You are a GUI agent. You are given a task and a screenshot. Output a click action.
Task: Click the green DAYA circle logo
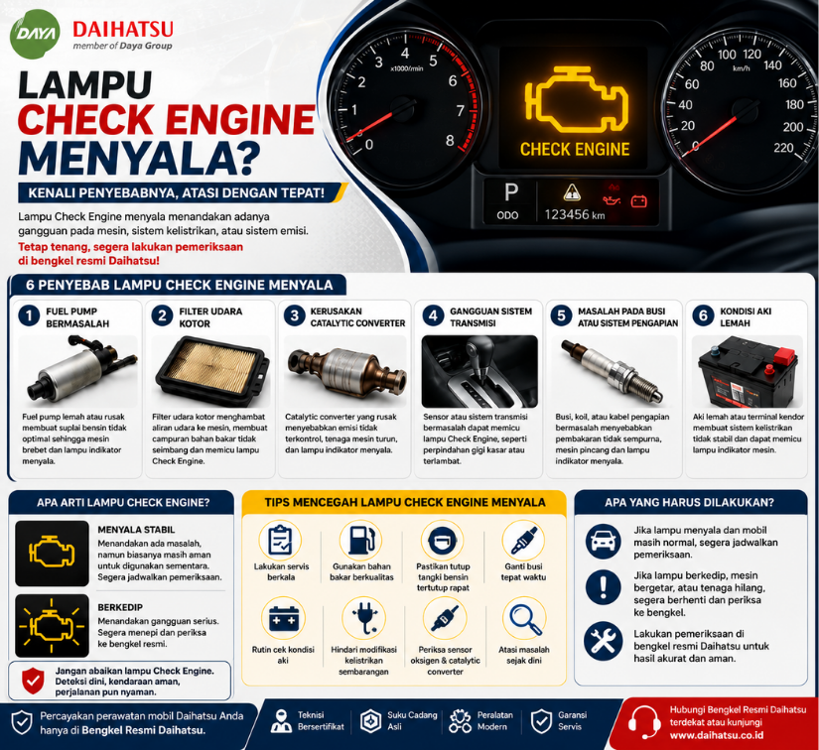[35, 34]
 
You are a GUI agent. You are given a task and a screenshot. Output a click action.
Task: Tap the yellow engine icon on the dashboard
[576, 99]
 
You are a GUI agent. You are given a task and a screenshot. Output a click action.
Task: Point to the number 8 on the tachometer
[450, 141]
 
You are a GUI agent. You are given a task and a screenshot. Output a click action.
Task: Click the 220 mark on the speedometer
[783, 148]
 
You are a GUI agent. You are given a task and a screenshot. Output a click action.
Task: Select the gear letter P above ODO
[511, 192]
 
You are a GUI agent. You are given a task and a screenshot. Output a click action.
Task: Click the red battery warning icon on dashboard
[638, 201]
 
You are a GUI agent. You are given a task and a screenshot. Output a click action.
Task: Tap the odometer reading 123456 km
[575, 214]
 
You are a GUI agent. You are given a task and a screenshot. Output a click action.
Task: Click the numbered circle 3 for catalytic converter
[295, 315]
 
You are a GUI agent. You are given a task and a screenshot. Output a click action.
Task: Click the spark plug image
[612, 371]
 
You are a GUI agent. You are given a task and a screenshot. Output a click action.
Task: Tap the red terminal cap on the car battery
[784, 356]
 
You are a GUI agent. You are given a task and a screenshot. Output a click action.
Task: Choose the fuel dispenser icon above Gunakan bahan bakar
[361, 541]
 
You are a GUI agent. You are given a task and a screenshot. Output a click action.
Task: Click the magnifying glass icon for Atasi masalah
[525, 619]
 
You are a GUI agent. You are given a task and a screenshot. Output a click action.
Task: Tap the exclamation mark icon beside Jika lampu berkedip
[604, 587]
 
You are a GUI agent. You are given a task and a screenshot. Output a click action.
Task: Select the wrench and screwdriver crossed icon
[604, 640]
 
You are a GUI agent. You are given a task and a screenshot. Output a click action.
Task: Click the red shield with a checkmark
[33, 681]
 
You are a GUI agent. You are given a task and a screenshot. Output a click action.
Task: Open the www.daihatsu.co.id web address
[717, 735]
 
